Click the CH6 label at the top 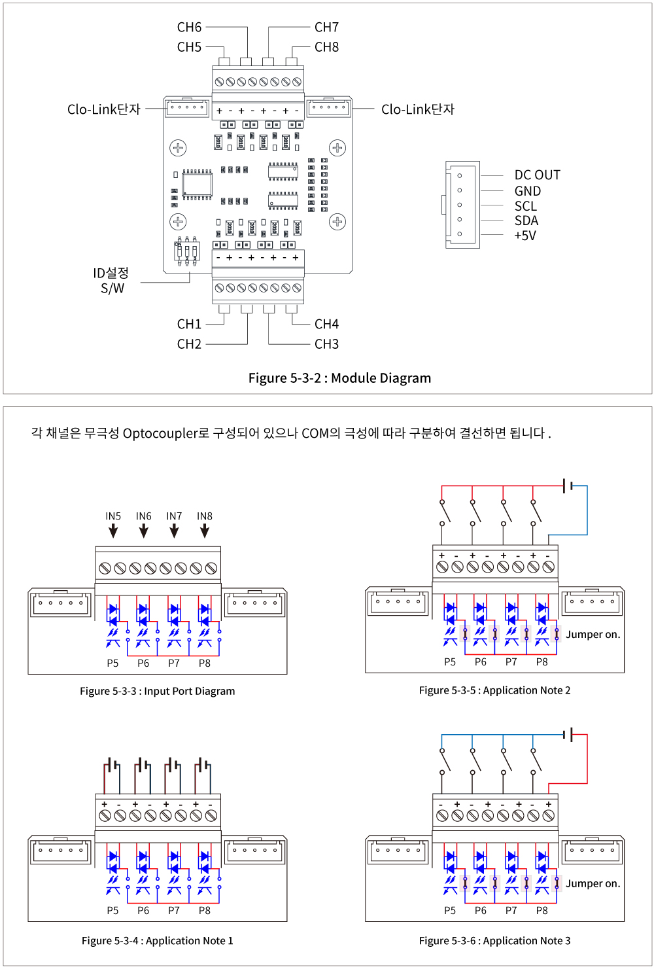pos(189,27)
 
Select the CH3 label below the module pos(326,344)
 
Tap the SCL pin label pos(525,206)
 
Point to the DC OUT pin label pos(537,175)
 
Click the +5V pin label pos(525,236)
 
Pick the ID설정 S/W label pos(111,281)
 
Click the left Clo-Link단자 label pos(104,109)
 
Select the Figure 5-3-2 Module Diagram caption pos(339,378)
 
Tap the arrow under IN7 pos(174,531)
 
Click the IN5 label pos(113,516)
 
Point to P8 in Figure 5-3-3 pos(205,663)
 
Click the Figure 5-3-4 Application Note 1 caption pos(157,941)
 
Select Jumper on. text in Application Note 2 pos(593,635)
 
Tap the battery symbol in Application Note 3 pos(568,735)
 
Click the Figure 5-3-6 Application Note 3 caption pos(494,941)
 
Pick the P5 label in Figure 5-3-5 pos(450,662)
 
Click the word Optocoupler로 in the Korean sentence pos(166,433)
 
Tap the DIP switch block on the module pos(187,251)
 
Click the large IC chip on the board pos(197,185)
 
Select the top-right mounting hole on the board pos(337,148)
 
